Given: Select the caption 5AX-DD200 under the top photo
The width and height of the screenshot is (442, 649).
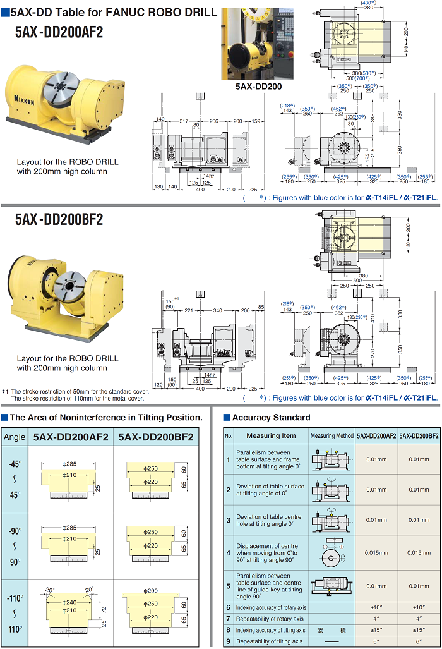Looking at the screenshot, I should [x=258, y=87].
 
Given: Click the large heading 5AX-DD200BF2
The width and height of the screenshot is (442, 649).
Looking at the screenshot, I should [x=59, y=219].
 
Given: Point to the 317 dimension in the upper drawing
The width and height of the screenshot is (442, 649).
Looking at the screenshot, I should [x=184, y=121].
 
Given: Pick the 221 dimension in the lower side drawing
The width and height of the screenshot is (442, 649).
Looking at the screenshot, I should [x=188, y=310].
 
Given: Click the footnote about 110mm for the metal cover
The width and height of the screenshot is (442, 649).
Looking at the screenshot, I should [x=78, y=398].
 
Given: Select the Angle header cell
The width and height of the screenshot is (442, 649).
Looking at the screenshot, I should [x=15, y=437].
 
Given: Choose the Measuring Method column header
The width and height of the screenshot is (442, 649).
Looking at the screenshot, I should [x=331, y=436].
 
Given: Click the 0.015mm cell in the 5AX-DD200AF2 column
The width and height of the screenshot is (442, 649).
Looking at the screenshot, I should [x=376, y=552].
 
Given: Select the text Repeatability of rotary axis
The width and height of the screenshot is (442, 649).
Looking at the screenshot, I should [x=270, y=619].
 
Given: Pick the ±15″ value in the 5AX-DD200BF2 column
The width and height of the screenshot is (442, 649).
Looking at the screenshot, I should [x=419, y=630].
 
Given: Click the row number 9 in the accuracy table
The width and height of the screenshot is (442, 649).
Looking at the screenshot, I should [x=229, y=641].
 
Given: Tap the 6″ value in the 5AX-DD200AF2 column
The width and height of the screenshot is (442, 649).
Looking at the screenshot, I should [x=376, y=641].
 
